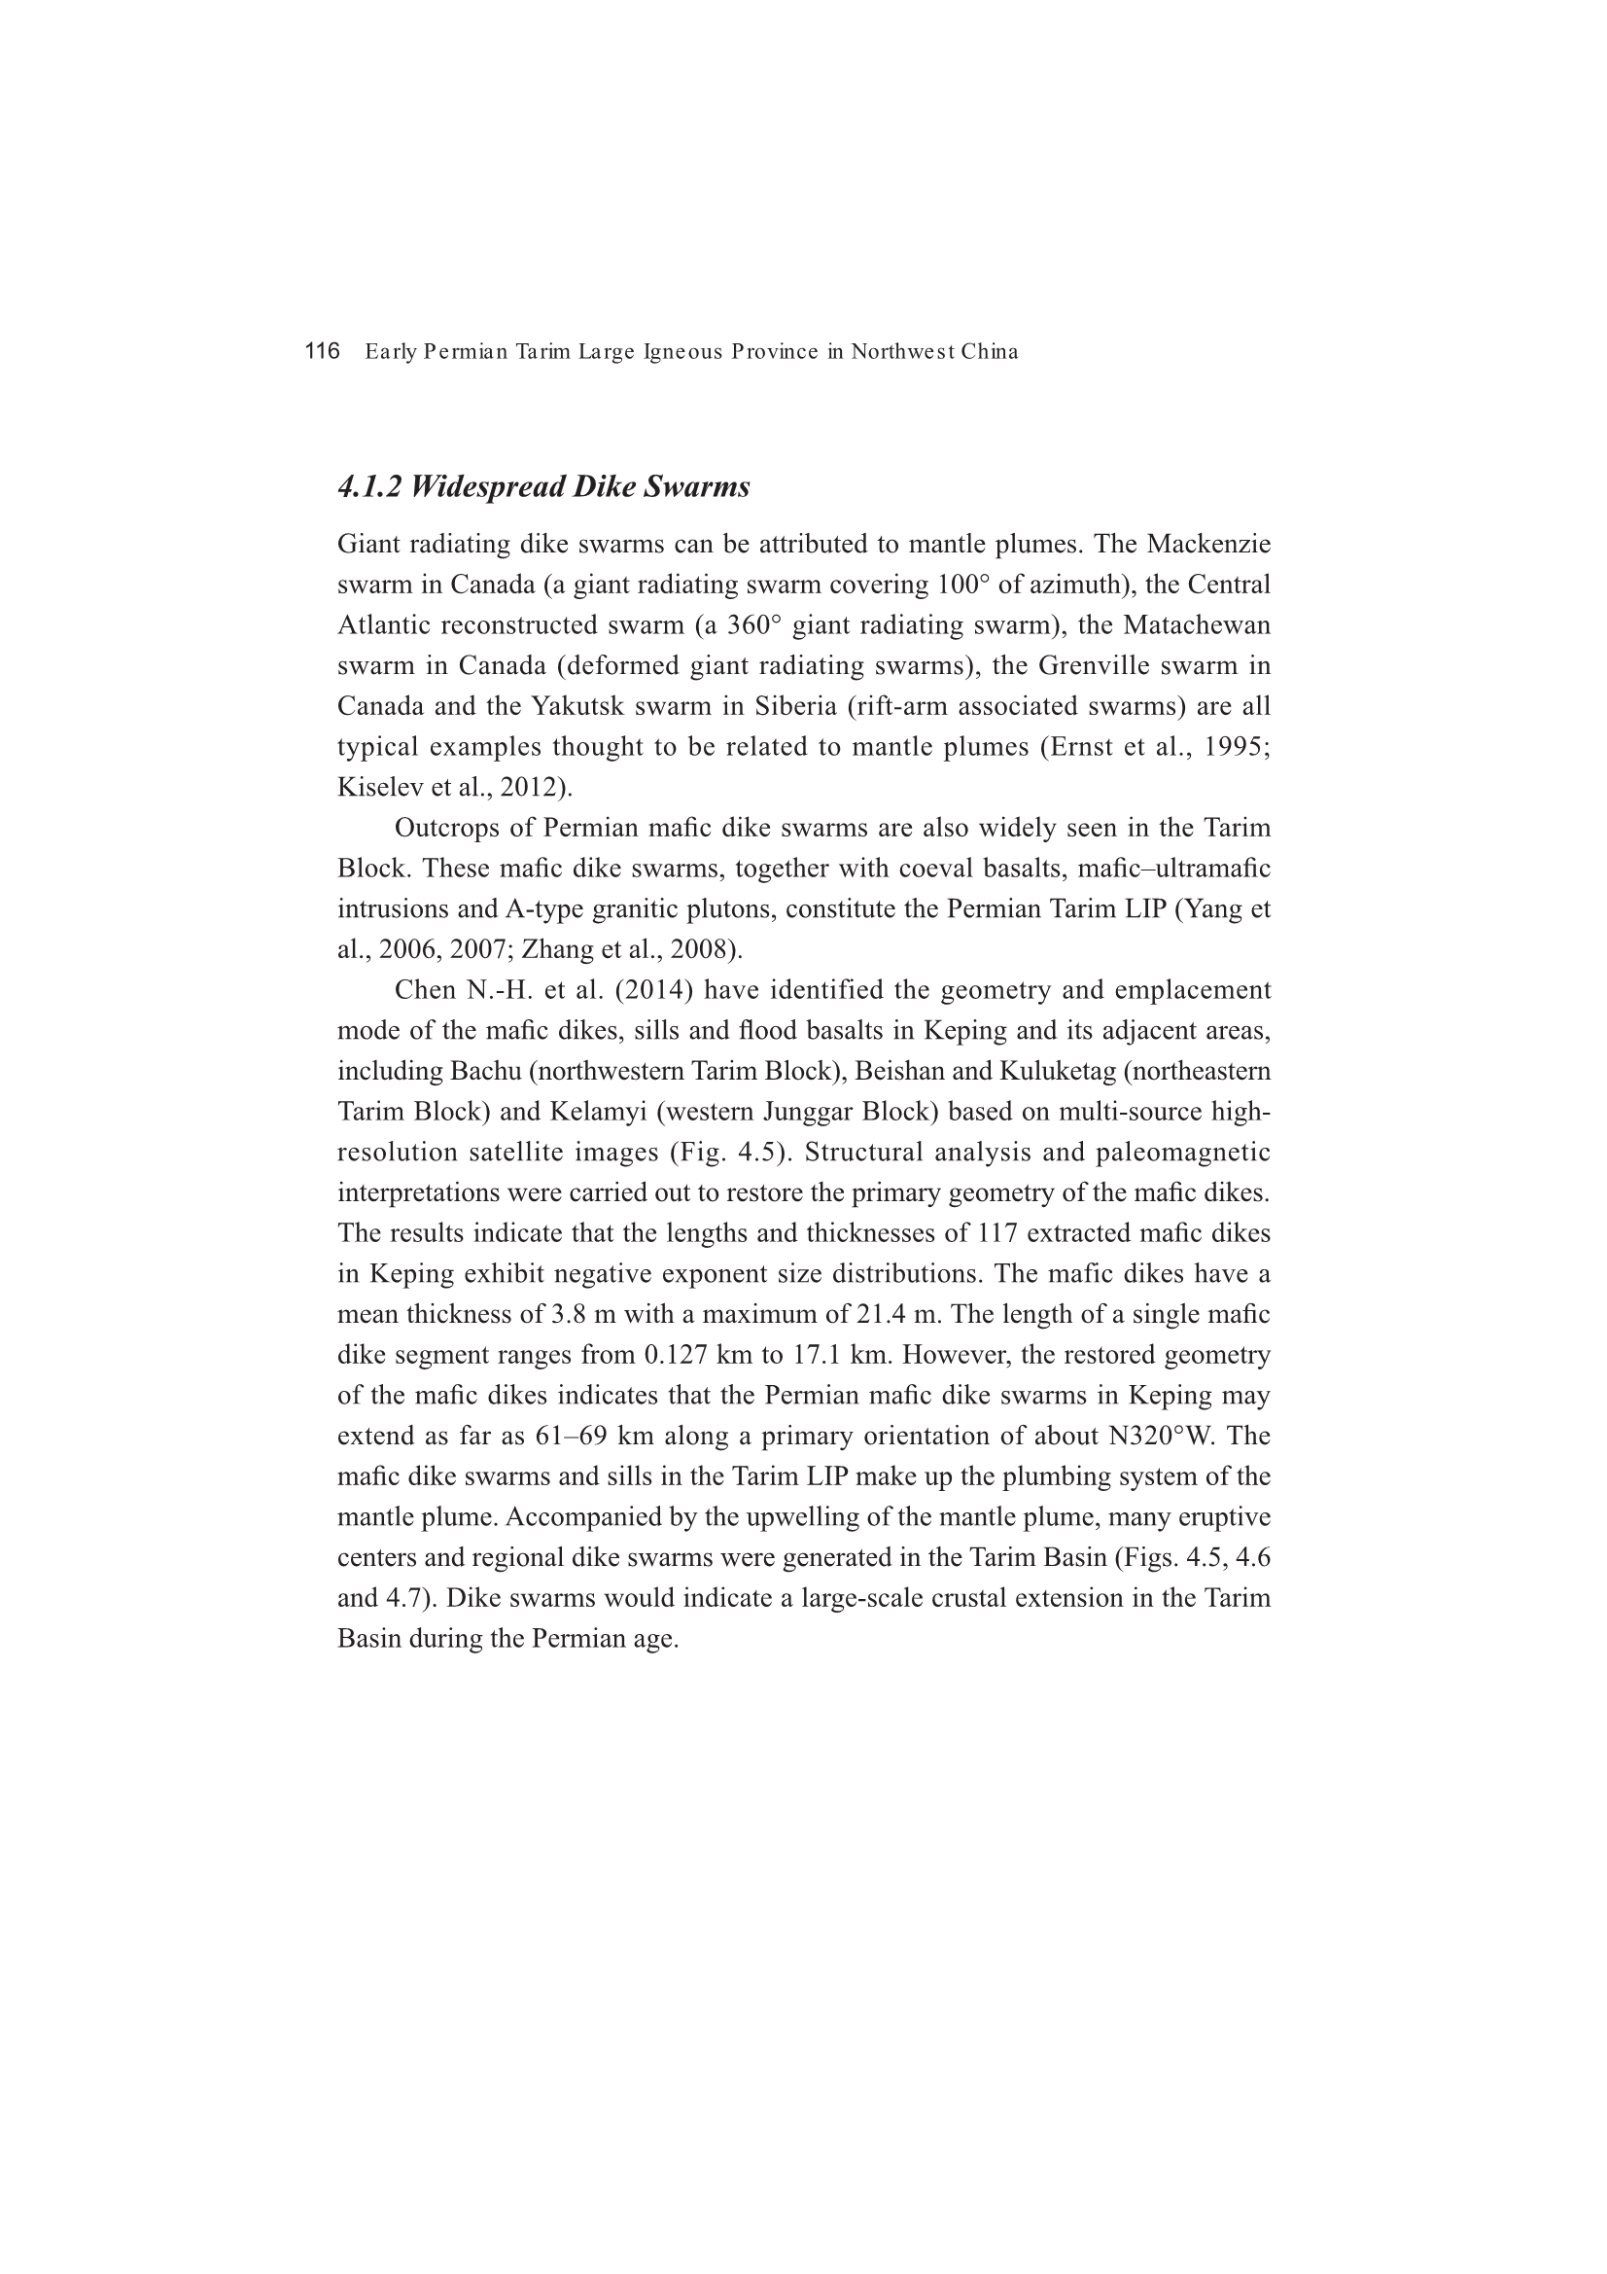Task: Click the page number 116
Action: [x=322, y=351]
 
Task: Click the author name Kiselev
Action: [x=370, y=788]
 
